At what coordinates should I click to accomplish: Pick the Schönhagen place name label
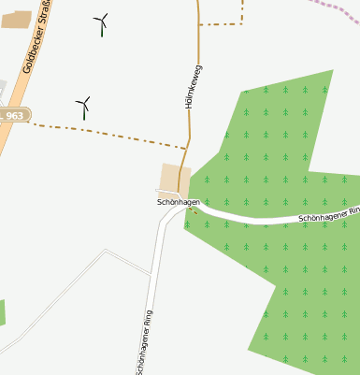178,202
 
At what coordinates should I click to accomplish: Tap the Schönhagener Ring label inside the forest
327,216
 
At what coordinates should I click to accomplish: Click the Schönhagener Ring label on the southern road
144,342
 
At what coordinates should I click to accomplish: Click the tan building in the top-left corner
16,20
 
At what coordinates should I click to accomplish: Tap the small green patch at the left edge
2,313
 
